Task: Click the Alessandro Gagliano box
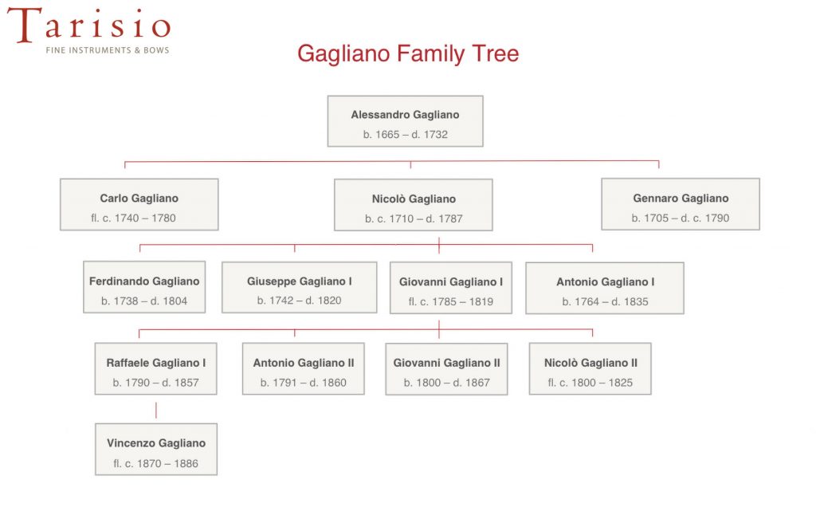coord(406,121)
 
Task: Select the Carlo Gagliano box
coord(139,205)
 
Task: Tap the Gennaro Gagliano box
coord(681,204)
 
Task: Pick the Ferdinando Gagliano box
coord(144,287)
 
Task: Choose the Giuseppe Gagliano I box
coord(300,287)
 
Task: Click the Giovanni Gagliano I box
coord(451,288)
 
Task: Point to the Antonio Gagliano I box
coord(605,288)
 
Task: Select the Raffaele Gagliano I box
coord(155,369)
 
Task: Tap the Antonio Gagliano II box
coord(304,369)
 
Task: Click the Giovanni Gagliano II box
coord(446,369)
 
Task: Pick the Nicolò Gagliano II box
coord(590,369)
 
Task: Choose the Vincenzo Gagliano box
coord(156,450)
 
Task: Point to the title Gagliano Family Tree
coord(408,53)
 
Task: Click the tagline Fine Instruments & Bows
coord(108,50)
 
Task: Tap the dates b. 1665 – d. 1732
coord(406,135)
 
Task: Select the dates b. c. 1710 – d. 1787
coord(414,218)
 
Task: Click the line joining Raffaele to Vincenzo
coord(156,410)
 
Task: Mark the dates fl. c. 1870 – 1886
coord(156,464)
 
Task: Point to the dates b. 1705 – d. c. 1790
coord(681,218)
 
